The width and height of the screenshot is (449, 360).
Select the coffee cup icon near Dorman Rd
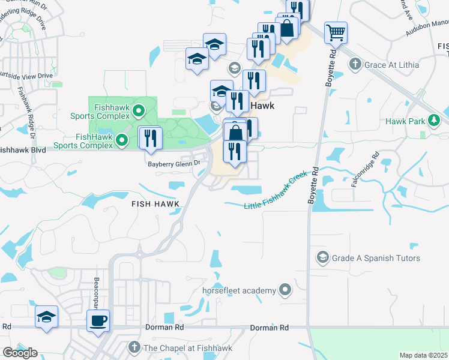(x=98, y=320)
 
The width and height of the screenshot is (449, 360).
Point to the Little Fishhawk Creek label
(x=276, y=191)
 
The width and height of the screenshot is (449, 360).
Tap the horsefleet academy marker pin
(x=285, y=290)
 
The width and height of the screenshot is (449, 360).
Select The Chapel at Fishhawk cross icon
(x=134, y=347)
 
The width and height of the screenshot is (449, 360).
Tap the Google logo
(x=20, y=353)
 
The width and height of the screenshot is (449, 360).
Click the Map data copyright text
(x=424, y=355)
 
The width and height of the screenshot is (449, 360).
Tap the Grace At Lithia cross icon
(x=355, y=64)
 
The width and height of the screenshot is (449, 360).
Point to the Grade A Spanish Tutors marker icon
(x=323, y=257)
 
